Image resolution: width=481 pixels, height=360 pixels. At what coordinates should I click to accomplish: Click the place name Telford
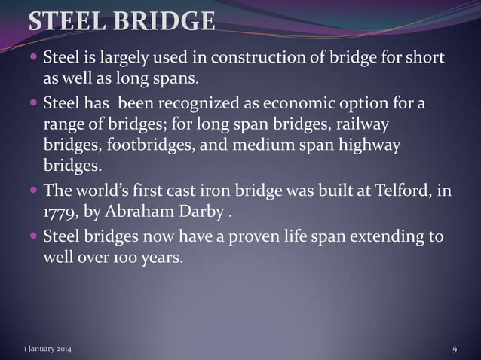400,191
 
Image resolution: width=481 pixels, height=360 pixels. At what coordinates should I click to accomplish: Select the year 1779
59,212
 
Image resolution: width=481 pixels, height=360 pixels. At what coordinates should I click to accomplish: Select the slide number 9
455,349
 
